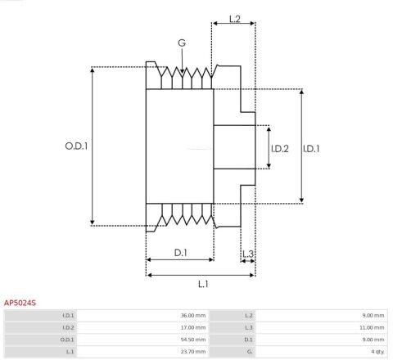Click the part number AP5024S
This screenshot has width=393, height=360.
tap(20, 303)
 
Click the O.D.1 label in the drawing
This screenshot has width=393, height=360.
tap(76, 146)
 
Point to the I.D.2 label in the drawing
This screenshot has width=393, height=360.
tap(280, 148)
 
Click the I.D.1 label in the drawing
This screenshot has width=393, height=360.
tap(311, 148)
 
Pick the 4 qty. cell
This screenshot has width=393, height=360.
tap(376, 350)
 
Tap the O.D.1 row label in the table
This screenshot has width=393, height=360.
tap(68, 339)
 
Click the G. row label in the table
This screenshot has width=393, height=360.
tap(249, 350)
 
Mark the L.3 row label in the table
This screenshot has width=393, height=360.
tap(248, 326)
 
